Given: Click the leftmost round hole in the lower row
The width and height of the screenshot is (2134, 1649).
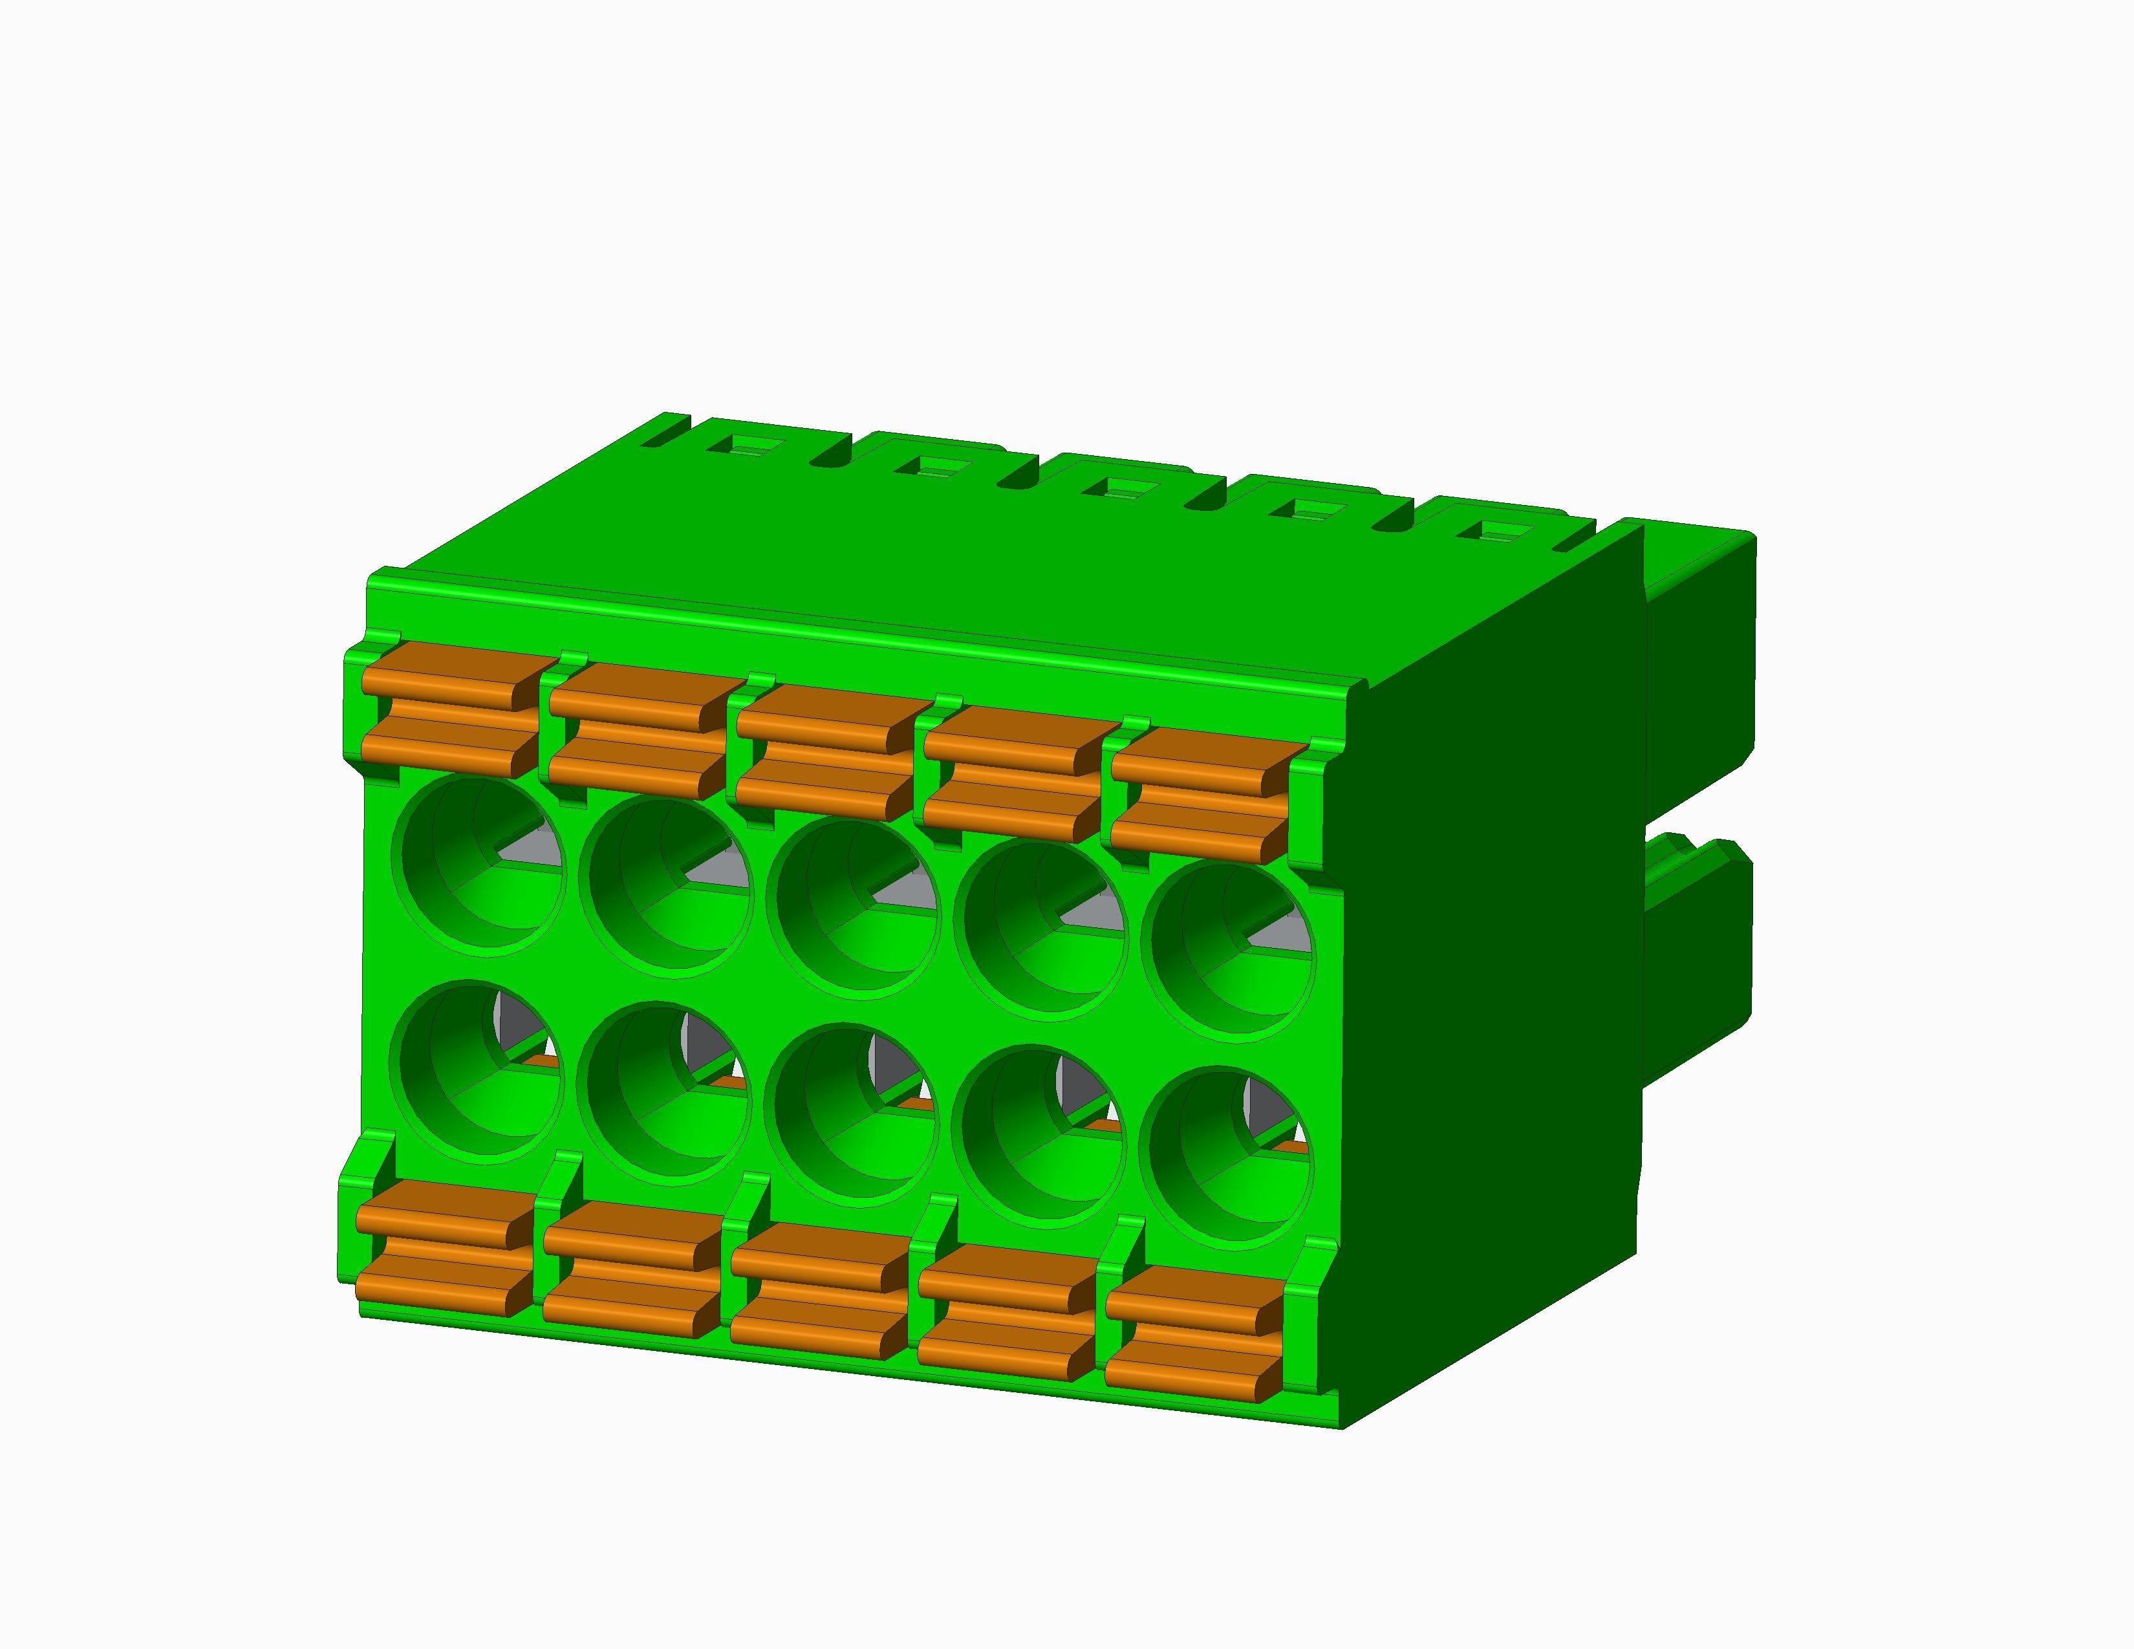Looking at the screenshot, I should [x=478, y=1070].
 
